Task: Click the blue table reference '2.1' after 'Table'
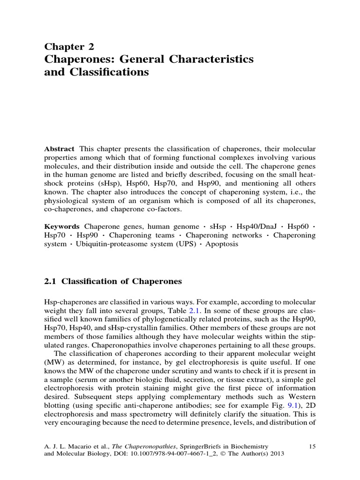[194, 311]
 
